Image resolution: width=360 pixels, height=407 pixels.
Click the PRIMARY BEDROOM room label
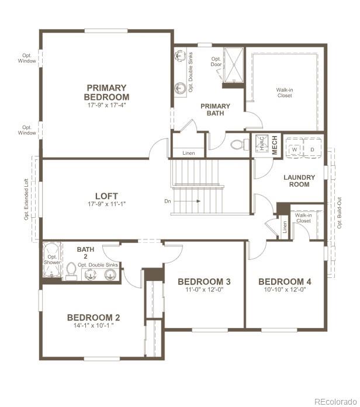click(106, 92)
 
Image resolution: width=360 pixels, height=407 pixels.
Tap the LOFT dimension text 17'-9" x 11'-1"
click(106, 204)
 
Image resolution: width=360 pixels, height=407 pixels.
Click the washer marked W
click(295, 149)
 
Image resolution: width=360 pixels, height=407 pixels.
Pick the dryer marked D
click(312, 149)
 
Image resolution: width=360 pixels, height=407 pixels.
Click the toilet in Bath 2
click(71, 271)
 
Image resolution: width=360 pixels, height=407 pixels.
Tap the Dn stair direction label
click(168, 201)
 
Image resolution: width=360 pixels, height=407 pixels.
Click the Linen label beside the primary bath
click(188, 153)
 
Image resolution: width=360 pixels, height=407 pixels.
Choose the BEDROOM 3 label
click(204, 282)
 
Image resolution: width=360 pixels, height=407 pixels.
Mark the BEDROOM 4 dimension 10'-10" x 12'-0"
click(285, 290)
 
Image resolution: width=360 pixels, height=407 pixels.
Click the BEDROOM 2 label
click(94, 318)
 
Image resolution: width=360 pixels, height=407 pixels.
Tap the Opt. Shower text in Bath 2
click(53, 259)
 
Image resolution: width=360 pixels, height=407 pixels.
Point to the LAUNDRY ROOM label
click(299, 181)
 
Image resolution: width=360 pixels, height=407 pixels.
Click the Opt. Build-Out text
click(340, 214)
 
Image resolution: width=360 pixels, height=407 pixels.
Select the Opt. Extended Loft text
click(26, 199)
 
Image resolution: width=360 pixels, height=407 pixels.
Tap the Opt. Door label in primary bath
click(216, 62)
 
